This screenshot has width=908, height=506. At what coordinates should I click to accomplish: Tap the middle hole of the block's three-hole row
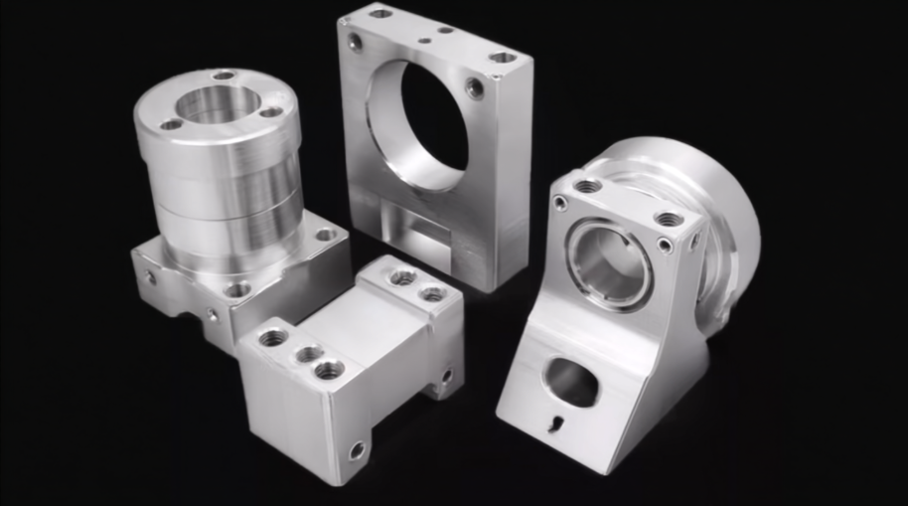309,354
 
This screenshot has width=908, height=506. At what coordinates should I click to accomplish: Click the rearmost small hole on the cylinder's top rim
223,75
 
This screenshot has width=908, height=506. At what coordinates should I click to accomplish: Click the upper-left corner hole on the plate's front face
355,42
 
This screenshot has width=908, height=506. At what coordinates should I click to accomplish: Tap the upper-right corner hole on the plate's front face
476,87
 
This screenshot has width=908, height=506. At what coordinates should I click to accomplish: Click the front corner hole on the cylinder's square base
236,289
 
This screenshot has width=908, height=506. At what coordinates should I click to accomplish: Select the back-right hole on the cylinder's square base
325,236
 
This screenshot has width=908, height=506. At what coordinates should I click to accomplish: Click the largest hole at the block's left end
272,338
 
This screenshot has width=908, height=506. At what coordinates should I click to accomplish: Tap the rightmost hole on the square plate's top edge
504,58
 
